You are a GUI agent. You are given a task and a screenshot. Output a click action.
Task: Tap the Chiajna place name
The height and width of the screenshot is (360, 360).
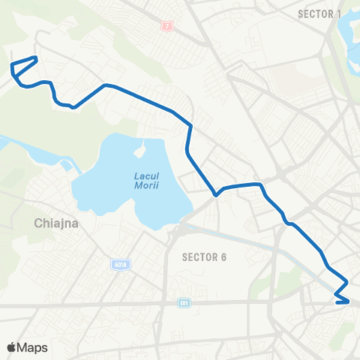coord(57,223)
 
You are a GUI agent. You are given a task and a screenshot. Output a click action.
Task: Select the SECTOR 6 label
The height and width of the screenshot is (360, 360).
coord(205,257)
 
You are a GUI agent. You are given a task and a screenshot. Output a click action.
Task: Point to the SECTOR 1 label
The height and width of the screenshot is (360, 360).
coord(319,13)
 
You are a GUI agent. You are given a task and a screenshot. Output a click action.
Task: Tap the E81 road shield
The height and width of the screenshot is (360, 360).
coord(184,303)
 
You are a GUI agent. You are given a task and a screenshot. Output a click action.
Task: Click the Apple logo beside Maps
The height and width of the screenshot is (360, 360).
coord(11,347)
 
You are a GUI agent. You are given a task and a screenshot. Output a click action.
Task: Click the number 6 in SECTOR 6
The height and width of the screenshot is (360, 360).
coord(223,257)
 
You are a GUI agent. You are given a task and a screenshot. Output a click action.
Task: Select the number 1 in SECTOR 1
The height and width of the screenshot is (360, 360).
coord(339,13)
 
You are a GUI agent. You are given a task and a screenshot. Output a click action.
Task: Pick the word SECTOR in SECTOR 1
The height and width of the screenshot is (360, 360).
coord(315,13)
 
